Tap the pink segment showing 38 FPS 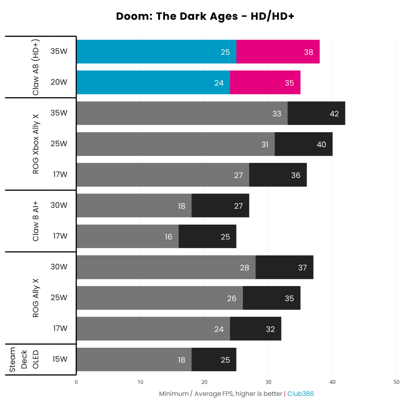tap(278, 52)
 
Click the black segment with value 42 tap(316, 113)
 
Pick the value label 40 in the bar tap(321, 145)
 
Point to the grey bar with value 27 tap(163, 175)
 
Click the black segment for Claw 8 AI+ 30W tap(220, 206)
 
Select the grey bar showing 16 tap(127, 236)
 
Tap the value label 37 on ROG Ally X tap(302, 267)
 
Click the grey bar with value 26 tap(160, 298)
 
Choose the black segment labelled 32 tap(256, 329)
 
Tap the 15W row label tap(60, 359)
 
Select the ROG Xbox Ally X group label tap(36, 144)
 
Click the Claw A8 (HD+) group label tap(36, 67)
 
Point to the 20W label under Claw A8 tap(59, 82)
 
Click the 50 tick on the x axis tap(396, 382)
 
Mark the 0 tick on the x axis tap(76, 382)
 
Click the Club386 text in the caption tap(300, 394)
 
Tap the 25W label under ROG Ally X tap(59, 298)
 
